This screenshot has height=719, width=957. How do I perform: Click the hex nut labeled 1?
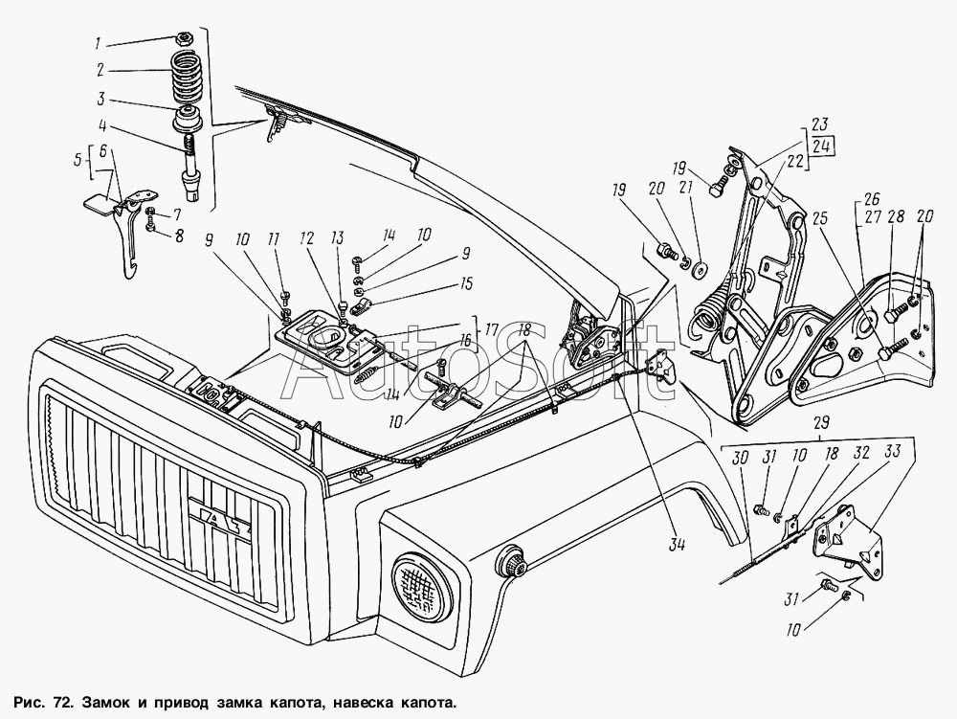[x=182, y=41]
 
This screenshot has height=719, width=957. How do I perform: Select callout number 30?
[x=738, y=459]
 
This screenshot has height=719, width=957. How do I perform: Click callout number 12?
[x=305, y=236]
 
